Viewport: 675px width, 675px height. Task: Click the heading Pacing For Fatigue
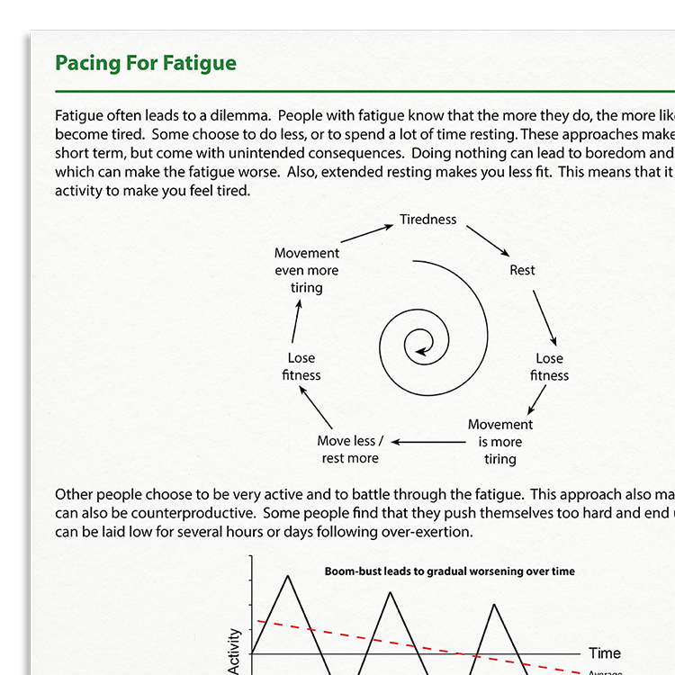click(x=146, y=63)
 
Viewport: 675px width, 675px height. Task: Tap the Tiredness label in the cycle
click(x=428, y=220)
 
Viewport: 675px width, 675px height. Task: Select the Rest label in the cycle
click(x=522, y=270)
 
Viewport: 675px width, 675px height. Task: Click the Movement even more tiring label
click(x=307, y=270)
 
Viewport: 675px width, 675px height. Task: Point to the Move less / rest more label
click(x=350, y=449)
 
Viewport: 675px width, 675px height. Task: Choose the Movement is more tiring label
click(x=500, y=441)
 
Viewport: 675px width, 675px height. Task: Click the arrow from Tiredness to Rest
click(x=487, y=240)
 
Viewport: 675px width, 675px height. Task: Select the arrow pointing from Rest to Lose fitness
click(x=544, y=319)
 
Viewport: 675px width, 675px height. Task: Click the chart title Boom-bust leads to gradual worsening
click(x=449, y=571)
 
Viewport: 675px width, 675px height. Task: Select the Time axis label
click(x=605, y=653)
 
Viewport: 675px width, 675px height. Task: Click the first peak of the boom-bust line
click(x=288, y=575)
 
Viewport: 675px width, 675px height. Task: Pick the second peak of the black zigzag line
click(x=391, y=592)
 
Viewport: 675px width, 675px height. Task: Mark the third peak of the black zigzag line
click(x=494, y=604)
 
